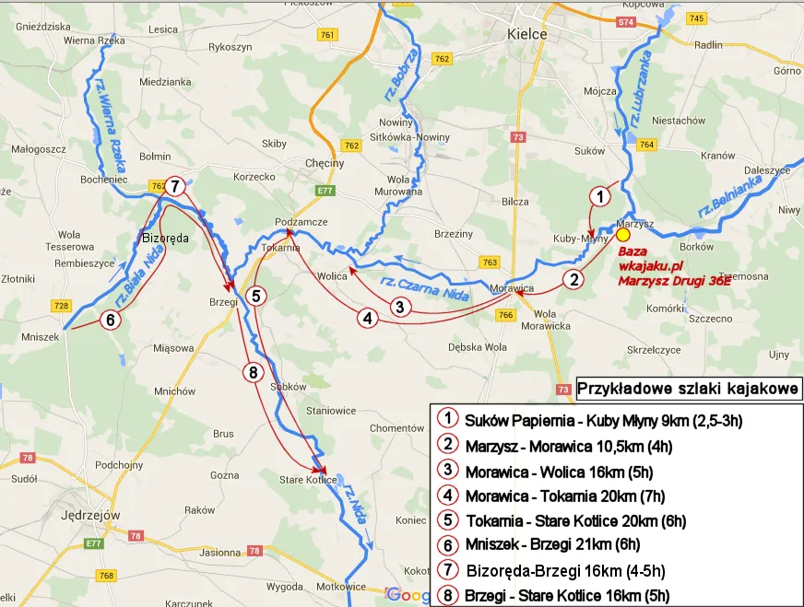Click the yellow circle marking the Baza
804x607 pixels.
click(x=623, y=235)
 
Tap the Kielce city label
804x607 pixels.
click(x=527, y=34)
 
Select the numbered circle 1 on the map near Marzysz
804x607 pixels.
click(x=600, y=195)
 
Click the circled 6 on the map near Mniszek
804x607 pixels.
click(x=110, y=321)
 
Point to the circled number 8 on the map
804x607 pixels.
click(x=254, y=372)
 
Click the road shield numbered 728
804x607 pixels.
click(x=62, y=306)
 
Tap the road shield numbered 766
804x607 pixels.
click(x=505, y=316)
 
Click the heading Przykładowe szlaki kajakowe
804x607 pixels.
click(x=688, y=389)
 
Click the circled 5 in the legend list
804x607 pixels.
click(x=446, y=519)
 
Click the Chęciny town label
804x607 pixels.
click(x=324, y=163)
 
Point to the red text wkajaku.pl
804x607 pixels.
click(x=648, y=265)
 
